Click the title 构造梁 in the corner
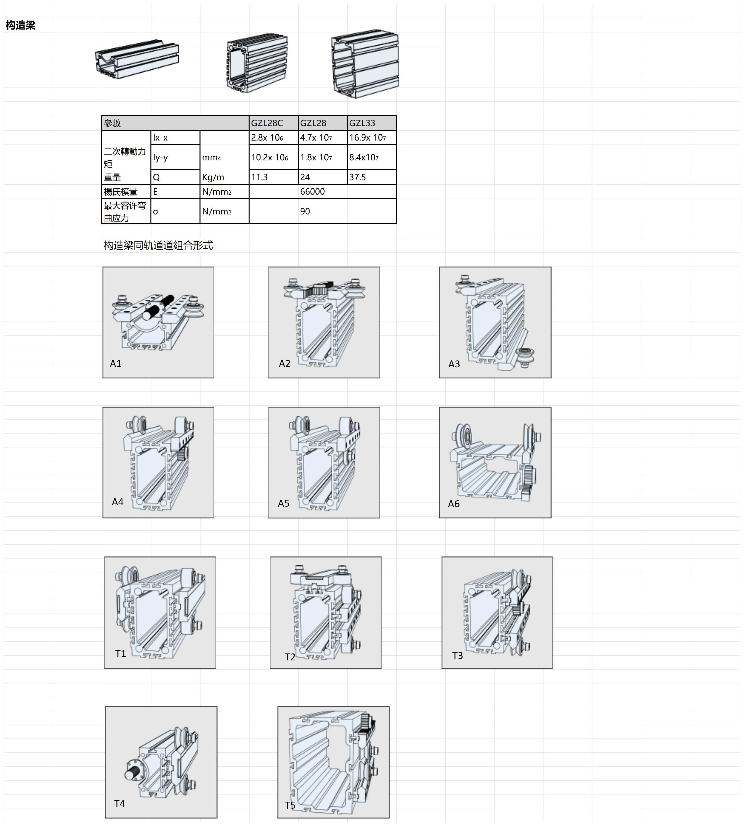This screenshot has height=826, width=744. (20, 25)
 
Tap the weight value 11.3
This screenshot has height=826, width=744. (259, 177)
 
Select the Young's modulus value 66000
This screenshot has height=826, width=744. (312, 191)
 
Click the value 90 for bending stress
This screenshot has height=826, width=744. (305, 211)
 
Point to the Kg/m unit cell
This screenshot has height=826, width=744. (213, 177)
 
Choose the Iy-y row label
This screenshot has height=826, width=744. (160, 157)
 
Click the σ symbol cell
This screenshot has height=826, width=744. (156, 211)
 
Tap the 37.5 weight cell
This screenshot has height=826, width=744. (358, 177)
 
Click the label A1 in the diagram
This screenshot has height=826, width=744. (116, 363)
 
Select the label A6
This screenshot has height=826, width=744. (454, 504)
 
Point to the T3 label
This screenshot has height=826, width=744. (458, 655)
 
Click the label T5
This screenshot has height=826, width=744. (290, 805)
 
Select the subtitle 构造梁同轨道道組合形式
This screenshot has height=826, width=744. (158, 245)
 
